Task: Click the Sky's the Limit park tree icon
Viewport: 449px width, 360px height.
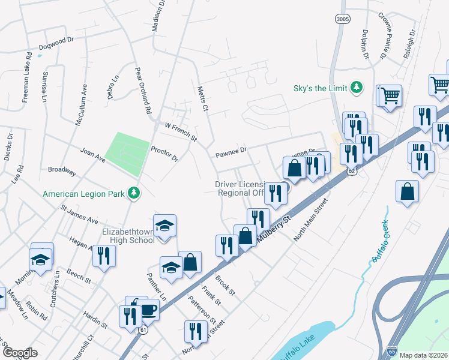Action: click(x=357, y=88)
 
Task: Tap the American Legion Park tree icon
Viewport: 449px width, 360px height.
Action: click(x=136, y=193)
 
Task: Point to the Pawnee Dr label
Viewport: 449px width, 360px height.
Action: click(x=231, y=153)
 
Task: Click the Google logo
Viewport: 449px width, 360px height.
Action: click(x=20, y=353)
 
